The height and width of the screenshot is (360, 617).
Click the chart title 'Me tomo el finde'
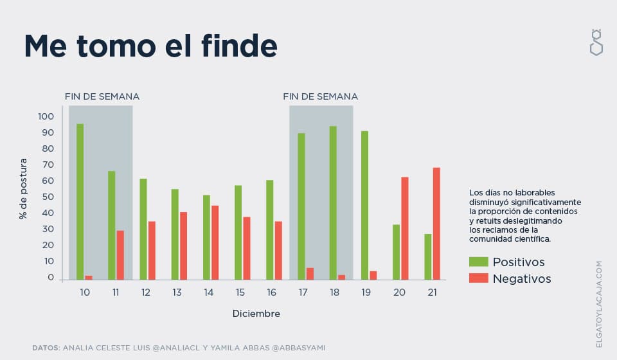coord(151,46)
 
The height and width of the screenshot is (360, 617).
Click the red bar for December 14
coord(215,242)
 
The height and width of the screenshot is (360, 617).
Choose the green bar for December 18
coord(333,203)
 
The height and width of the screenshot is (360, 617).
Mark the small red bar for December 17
coord(310,274)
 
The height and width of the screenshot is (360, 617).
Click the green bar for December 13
coord(175,235)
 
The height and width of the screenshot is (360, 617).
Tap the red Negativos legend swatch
coord(479,278)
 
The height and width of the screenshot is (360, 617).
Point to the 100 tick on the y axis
coord(46,116)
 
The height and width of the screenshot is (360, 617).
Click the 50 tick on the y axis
coord(46,197)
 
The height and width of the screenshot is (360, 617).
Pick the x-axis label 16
coord(271,292)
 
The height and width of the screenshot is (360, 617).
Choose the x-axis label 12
coord(146,292)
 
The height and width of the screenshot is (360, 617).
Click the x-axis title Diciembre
coord(256,314)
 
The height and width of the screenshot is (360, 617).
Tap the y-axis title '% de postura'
coord(24,188)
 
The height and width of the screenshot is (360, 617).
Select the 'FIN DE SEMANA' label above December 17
coord(321,96)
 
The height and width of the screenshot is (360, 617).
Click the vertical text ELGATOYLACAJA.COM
coord(599,304)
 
